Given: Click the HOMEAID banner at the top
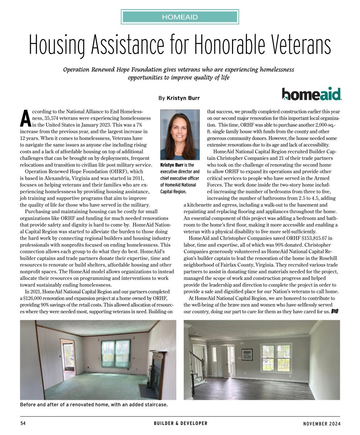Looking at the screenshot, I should (x=180, y=17).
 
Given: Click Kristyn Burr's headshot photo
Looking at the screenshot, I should (x=180, y=134).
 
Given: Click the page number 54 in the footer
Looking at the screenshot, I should (x=22, y=423).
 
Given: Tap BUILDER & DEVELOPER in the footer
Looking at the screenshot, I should (x=180, y=423).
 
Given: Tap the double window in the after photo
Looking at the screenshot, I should (x=276, y=358).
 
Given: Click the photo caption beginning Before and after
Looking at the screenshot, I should (x=94, y=405).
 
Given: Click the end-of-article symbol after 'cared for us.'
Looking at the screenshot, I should (x=335, y=311).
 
